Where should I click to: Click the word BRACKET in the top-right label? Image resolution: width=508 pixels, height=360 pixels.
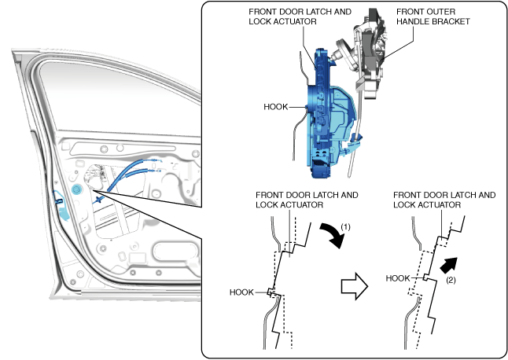point(451,22)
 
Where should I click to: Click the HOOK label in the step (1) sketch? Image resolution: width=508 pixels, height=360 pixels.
point(241,292)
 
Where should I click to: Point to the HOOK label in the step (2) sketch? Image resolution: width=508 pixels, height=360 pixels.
point(400,277)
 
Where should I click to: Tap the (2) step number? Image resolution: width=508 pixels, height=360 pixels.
point(451,279)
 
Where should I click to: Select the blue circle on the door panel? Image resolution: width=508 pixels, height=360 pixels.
point(76,191)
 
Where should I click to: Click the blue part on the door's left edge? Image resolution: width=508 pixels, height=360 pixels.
point(60,206)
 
